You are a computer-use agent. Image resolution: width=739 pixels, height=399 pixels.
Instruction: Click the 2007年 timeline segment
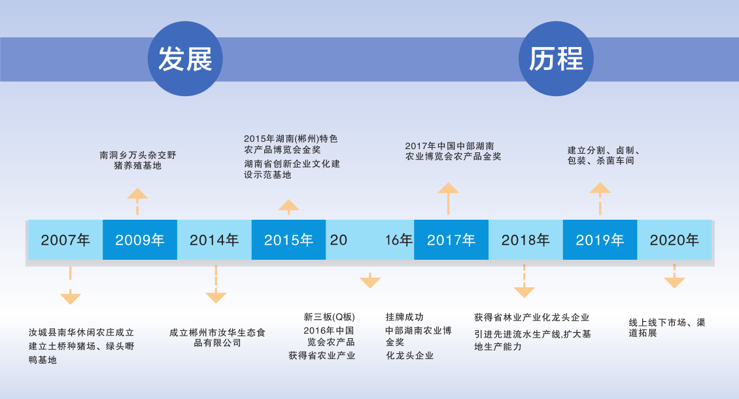click(65, 239)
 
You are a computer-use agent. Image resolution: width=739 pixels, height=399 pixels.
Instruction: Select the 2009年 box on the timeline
click(140, 239)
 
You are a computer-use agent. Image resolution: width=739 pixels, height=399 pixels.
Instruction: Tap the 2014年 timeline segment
click(215, 239)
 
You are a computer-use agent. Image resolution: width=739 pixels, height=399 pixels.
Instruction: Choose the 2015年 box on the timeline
click(288, 239)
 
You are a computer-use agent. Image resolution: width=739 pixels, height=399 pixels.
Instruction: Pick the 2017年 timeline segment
click(451, 239)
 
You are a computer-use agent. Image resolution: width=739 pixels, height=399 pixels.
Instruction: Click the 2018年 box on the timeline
click(526, 239)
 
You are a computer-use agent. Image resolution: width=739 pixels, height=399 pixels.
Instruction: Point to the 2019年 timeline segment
click(600, 239)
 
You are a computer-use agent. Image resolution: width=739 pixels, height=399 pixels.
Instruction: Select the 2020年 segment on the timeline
click(674, 239)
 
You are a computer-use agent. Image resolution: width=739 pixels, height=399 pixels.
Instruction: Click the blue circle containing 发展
click(185, 58)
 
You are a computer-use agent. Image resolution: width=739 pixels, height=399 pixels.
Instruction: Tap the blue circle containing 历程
click(556, 58)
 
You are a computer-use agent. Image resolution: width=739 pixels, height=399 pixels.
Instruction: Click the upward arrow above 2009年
click(137, 201)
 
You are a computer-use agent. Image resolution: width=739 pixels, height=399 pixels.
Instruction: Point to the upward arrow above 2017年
click(448, 199)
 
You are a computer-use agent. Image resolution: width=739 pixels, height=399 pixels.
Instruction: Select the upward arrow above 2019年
click(600, 199)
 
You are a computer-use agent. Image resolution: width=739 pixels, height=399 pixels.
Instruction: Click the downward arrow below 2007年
click(70, 285)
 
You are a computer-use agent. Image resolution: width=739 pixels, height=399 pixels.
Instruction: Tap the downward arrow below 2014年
click(216, 285)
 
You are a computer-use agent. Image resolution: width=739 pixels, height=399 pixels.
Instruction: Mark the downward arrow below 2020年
click(674, 277)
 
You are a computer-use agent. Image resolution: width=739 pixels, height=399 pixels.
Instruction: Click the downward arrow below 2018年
click(524, 281)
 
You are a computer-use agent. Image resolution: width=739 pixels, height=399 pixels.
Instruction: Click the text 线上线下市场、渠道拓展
click(667, 328)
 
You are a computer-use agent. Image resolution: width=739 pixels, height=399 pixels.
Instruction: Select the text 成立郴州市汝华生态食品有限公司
click(217, 338)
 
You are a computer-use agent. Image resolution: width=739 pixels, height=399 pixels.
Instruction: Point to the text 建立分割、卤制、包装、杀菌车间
click(604, 155)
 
